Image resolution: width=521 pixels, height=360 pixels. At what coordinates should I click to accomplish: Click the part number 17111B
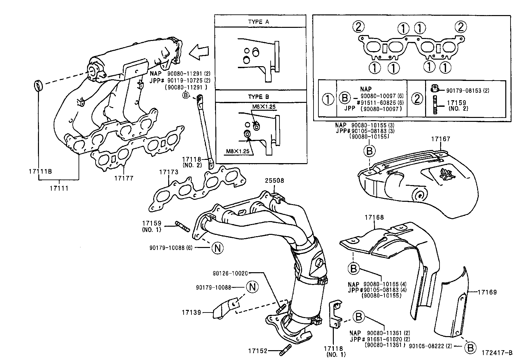tap(39, 172)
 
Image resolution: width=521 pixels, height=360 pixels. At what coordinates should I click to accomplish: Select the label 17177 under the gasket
tap(124, 178)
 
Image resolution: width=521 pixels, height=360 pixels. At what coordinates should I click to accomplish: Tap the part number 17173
tap(169, 172)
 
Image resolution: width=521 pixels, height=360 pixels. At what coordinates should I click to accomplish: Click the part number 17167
tap(440, 139)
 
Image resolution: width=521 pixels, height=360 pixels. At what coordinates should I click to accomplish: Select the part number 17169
tap(487, 292)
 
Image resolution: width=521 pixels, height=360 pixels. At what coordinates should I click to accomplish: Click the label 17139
tap(191, 313)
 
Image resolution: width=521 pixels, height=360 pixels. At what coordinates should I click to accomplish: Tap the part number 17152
tap(258, 351)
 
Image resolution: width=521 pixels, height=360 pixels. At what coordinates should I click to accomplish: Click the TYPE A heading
tap(259, 22)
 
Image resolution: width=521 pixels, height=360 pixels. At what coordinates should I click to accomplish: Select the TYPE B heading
tap(259, 97)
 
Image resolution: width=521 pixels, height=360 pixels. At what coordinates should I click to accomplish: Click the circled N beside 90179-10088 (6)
tap(217, 248)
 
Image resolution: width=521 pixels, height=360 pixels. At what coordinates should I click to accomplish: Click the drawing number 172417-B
tap(496, 353)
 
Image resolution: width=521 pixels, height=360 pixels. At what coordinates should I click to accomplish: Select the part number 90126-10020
tap(230, 273)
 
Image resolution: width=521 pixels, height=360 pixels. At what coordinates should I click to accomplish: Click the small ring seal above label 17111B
tap(38, 86)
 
